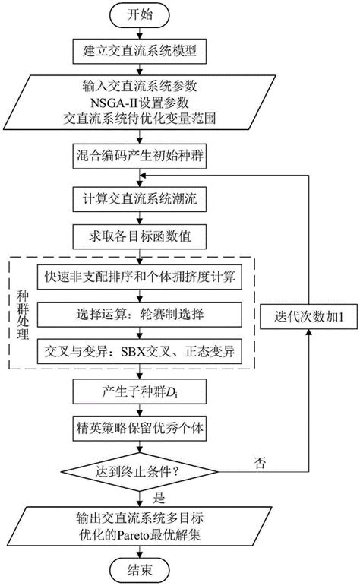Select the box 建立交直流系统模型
(x=137, y=52)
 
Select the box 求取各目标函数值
(x=137, y=236)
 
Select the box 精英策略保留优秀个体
(x=137, y=430)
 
